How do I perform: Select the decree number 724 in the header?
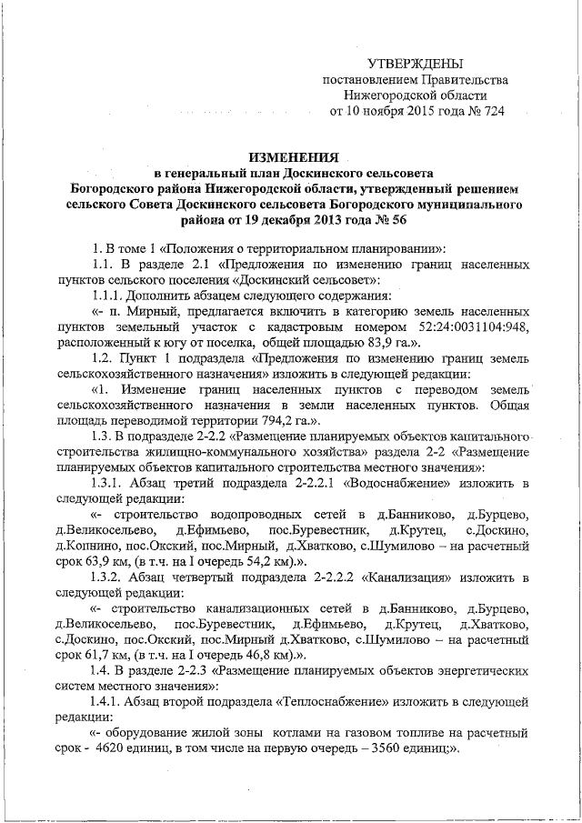[x=491, y=111]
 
